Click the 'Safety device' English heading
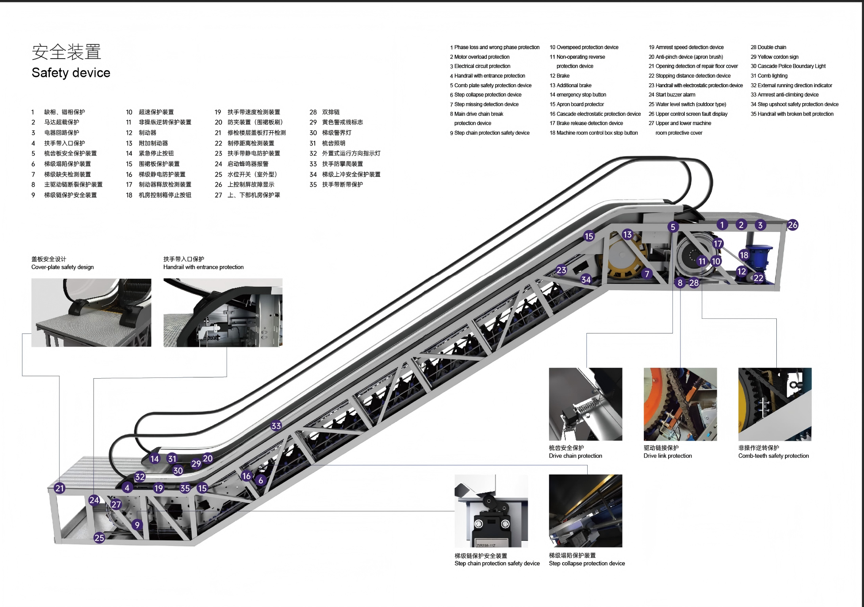pyautogui.click(x=71, y=73)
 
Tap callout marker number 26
pyautogui.click(x=792, y=225)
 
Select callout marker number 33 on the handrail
pyautogui.click(x=276, y=426)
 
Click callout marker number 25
pyautogui.click(x=99, y=538)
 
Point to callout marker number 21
pyautogui.click(x=59, y=488)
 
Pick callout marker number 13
pyautogui.click(x=627, y=234)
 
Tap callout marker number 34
pyautogui.click(x=586, y=280)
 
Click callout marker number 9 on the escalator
pyautogui.click(x=137, y=525)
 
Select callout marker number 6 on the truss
pyautogui.click(x=261, y=480)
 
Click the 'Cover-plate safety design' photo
pyautogui.click(x=91, y=312)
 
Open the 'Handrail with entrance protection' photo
pyautogui.click(x=223, y=312)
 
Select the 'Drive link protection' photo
pyautogui.click(x=680, y=404)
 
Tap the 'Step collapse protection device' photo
pyautogui.click(x=585, y=511)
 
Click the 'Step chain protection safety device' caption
pyautogui.click(x=497, y=563)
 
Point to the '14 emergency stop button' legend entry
pyautogui.click(x=578, y=95)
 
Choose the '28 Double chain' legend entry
pyautogui.click(x=768, y=47)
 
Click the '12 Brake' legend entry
pyautogui.click(x=559, y=76)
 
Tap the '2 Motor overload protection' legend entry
pyautogui.click(x=479, y=57)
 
